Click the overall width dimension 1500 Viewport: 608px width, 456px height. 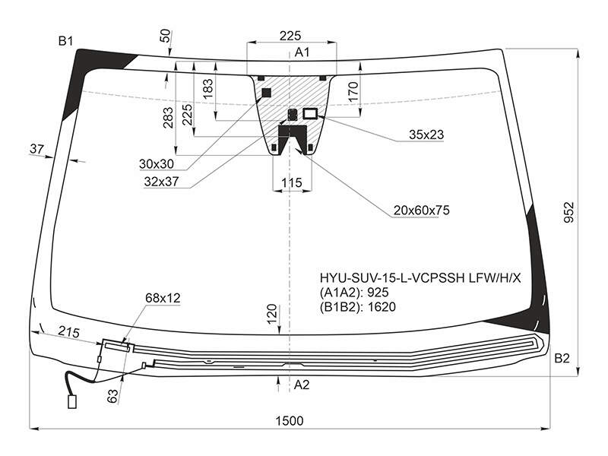coord(290,420)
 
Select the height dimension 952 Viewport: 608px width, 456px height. coord(568,212)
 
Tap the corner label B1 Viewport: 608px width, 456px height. coord(65,41)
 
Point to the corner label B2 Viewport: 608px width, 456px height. coord(562,358)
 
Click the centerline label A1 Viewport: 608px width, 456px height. coord(302,52)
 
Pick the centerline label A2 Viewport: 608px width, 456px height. coord(302,385)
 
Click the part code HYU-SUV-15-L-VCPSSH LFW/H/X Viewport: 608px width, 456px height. coord(420,278)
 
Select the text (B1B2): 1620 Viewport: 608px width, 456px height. coord(357,307)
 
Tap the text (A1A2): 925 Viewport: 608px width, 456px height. coord(354,293)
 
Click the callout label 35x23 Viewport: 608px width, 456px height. coord(426,135)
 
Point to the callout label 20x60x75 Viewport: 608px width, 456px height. coord(422,211)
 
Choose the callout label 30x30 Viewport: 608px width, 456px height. coord(157,164)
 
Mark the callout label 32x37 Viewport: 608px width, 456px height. coord(161,182)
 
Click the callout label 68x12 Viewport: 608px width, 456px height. coord(163,298)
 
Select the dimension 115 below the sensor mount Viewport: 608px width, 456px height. coord(292,182)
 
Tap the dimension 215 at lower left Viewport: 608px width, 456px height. coord(69,332)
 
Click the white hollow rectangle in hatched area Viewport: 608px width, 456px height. coord(310,113)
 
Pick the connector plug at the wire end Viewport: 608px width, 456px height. coord(72,402)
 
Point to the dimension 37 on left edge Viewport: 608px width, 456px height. coord(36,148)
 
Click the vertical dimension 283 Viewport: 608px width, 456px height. coord(168,118)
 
